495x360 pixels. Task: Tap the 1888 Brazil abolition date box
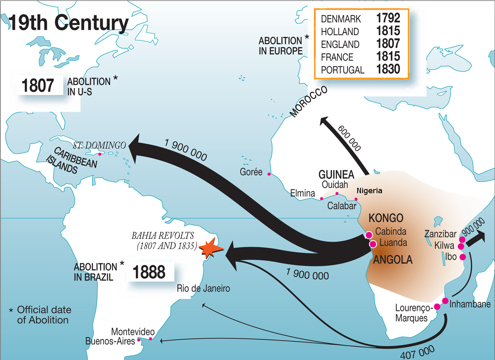point(149,272)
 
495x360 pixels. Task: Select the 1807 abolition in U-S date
point(38,85)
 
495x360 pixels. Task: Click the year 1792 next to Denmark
point(388,19)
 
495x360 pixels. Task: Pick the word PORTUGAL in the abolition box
point(342,70)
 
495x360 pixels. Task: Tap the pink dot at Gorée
point(269,174)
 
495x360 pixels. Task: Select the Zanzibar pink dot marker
point(462,239)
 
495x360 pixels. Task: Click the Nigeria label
point(370,191)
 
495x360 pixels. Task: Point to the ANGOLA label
point(392,260)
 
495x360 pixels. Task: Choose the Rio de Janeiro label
point(203,289)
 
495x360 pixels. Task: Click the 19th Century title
point(68,24)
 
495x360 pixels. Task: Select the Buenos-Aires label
point(110,341)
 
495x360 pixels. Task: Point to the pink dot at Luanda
point(373,244)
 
